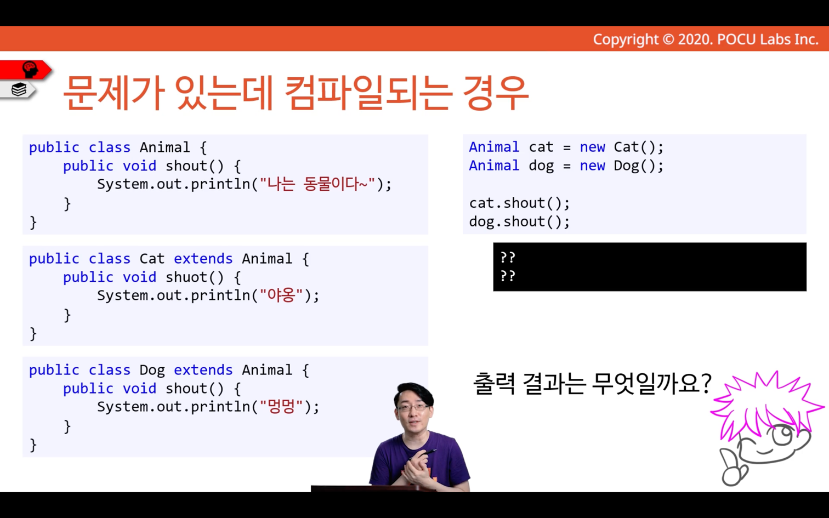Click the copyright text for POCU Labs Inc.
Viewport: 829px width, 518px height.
[x=706, y=39]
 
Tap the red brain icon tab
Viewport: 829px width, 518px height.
[x=26, y=70]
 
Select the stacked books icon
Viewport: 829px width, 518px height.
[x=19, y=89]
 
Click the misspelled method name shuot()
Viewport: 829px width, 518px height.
[x=195, y=277]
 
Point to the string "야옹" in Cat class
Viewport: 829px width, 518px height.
[x=281, y=295]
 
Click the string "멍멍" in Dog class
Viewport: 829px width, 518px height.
[x=281, y=407]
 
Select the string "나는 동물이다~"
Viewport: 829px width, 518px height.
[x=317, y=184]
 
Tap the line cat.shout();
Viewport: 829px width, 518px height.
[x=519, y=203]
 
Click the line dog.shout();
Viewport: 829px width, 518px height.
[x=519, y=222]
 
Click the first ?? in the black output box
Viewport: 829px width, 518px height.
[x=507, y=258]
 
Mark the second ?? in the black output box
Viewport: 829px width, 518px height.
[x=507, y=276]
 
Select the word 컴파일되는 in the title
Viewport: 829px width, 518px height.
[x=368, y=93]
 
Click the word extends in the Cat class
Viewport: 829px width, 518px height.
[x=203, y=259]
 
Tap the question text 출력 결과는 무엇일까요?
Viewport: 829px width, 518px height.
[x=592, y=384]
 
